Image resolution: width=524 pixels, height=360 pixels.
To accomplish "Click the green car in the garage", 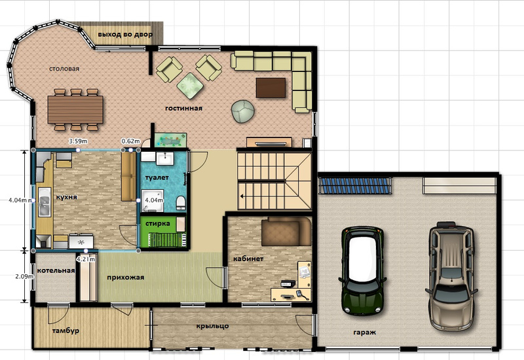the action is coord(363,271).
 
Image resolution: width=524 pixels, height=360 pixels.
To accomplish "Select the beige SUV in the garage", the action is coord(451,276).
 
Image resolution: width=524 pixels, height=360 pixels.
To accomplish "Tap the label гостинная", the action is coord(183,108).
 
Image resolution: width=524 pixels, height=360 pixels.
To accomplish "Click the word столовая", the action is coord(64,69).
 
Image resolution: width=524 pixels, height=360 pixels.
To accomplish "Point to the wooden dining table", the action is coord(75,109).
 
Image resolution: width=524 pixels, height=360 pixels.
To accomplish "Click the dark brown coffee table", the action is coord(271,88).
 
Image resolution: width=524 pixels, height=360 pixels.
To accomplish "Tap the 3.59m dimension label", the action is coord(78,141).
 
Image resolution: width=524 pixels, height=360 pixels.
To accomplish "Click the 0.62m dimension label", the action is coord(130,141).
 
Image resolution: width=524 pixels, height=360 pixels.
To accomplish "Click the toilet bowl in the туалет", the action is coord(181,203).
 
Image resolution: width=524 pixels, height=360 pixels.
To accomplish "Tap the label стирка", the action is coord(158,223).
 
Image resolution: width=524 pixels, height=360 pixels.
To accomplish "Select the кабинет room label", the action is coord(248,259).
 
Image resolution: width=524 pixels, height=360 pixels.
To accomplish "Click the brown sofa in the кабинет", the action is coord(286,231).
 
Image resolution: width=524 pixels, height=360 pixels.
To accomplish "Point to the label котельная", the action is coord(56,270).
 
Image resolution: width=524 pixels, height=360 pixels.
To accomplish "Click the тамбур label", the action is coord(66,331).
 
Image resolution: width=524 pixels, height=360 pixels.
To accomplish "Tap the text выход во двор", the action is coord(125,35).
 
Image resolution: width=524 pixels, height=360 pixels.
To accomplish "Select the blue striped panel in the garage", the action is coord(354,186).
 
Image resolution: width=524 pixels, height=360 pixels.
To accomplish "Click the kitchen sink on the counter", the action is coord(44,202).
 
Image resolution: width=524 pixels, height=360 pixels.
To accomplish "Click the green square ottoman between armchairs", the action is coord(190,86).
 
